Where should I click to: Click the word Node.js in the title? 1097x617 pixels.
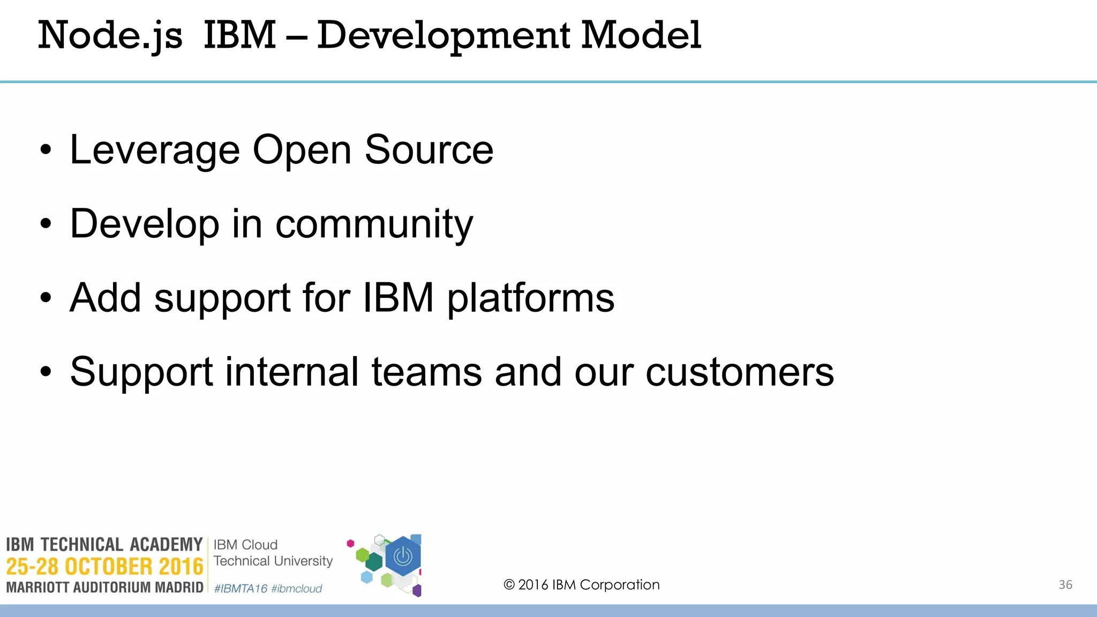tap(110, 35)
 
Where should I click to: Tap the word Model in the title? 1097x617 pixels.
tap(641, 35)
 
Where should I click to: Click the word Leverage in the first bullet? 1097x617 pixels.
tap(154, 151)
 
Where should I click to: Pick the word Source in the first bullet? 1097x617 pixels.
tap(429, 150)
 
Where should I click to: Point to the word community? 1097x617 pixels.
tap(374, 225)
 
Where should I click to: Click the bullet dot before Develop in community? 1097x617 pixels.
tap(46, 224)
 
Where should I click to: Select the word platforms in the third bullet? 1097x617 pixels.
tap(530, 299)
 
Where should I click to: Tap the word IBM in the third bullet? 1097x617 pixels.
tap(398, 298)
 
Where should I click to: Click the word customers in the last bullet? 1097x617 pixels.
tap(739, 372)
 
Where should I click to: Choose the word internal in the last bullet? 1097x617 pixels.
tap(291, 372)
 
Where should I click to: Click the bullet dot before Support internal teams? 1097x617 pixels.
tap(46, 372)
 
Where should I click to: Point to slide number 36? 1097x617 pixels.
tap(1065, 585)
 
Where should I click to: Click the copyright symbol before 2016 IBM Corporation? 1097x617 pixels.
tap(509, 585)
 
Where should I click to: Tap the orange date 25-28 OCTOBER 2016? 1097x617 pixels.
tap(104, 567)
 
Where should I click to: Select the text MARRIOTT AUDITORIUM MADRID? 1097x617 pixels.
tap(104, 588)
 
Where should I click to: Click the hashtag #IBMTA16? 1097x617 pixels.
tap(241, 589)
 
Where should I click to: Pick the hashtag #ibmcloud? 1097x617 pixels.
tap(296, 589)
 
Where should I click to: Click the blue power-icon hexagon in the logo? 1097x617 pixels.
tap(403, 557)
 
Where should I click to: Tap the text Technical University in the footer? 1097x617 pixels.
tap(273, 561)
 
